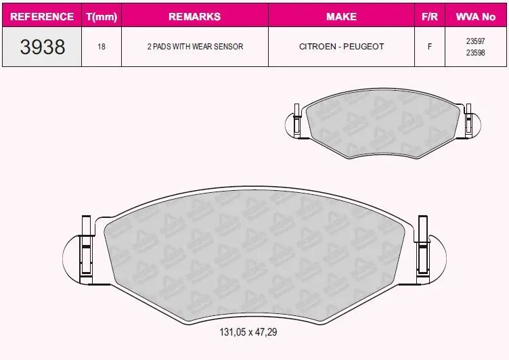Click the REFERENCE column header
click(42, 16)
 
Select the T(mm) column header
click(102, 16)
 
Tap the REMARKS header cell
click(195, 16)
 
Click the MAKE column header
click(342, 16)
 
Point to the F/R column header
click(430, 16)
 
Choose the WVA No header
click(476, 16)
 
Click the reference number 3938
click(43, 47)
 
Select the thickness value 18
click(102, 47)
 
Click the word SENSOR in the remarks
click(229, 47)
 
